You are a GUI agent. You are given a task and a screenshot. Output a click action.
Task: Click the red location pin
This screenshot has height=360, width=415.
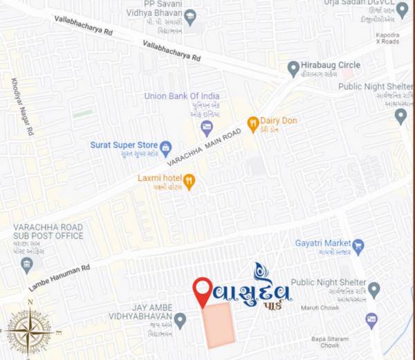click(202, 291)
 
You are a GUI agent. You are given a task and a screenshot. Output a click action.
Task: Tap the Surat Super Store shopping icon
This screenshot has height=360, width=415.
click(165, 147)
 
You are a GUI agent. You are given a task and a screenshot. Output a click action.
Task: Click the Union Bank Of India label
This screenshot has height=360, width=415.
click(182, 96)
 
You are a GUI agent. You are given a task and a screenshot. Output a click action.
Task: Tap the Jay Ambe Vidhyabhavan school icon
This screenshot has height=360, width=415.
click(180, 320)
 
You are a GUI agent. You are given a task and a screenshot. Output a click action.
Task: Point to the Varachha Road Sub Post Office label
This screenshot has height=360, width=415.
click(48, 231)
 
